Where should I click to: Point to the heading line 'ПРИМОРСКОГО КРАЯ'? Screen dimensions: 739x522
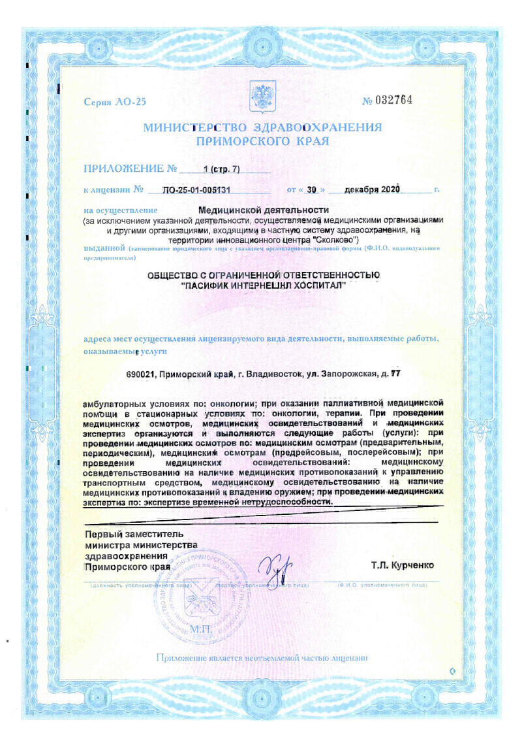[x=262, y=140]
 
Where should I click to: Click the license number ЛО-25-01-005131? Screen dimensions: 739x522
[x=198, y=190]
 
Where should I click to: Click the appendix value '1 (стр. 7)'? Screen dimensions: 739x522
[x=221, y=169]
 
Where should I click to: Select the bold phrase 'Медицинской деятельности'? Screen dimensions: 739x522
[x=262, y=210]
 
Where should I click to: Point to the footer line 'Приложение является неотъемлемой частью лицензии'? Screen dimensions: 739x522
[x=262, y=657]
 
